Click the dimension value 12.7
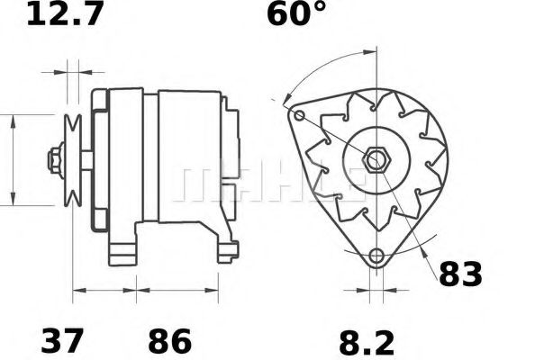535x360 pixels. [x=64, y=13]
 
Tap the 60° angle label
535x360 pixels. [x=296, y=13]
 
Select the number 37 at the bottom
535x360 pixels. [x=62, y=340]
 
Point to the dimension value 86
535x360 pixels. [x=169, y=340]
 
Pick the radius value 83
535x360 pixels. [x=460, y=274]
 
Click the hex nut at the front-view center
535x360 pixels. [x=376, y=159]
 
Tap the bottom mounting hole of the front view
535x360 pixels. [x=376, y=256]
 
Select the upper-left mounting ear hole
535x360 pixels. [x=299, y=115]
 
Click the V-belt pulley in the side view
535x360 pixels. [x=73, y=160]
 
